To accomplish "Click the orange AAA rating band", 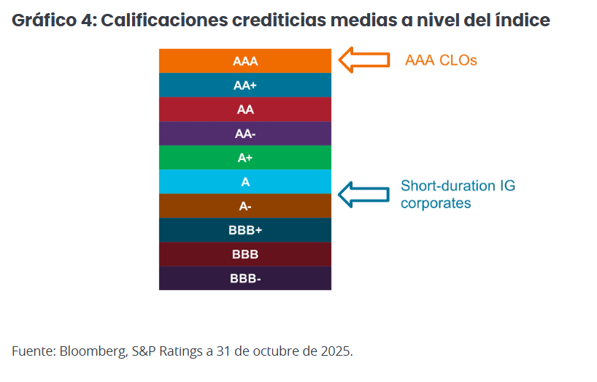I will pos(245,61).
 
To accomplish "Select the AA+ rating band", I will pos(245,85).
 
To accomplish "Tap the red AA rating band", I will pos(245,110).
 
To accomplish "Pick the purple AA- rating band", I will pos(245,134).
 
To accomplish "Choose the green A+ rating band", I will pos(245,158).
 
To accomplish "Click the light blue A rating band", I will pos(245,182).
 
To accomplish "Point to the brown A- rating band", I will pos(245,206).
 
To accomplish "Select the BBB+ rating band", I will pos(245,230).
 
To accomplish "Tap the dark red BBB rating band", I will pos(245,254).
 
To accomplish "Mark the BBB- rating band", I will pos(245,278).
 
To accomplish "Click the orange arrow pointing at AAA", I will pos(366,60).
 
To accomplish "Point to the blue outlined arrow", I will pos(366,194).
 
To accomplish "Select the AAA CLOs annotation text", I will pos(441,60).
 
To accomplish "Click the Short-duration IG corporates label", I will pos(458,194).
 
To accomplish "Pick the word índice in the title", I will pos(521,20).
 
